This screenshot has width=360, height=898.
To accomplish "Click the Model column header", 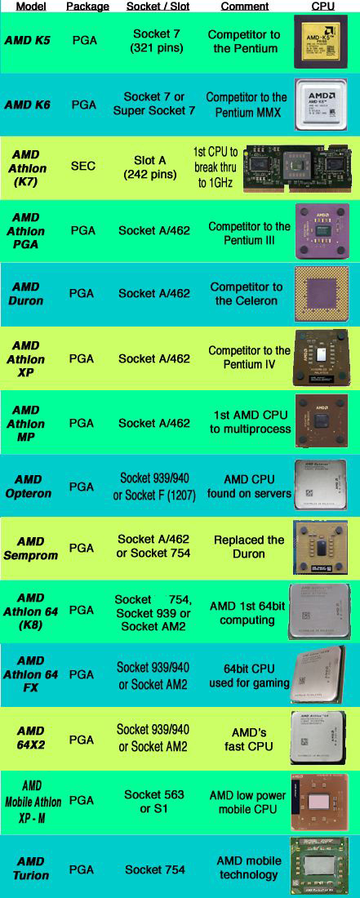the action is (x=31, y=7).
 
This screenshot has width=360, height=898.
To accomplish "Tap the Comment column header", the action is (x=244, y=7).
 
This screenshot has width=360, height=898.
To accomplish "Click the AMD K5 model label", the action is (x=28, y=41).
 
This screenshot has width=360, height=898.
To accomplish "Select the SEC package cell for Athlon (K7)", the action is (x=83, y=166).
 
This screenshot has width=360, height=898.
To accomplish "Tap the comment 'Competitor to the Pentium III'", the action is (x=250, y=233).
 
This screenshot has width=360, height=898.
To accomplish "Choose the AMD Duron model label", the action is (x=26, y=293).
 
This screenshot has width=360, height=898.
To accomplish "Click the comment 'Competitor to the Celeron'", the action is (x=246, y=293).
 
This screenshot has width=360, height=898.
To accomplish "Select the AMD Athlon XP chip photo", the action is (x=320, y=358).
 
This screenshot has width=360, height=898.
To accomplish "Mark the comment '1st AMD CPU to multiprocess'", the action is (x=250, y=421).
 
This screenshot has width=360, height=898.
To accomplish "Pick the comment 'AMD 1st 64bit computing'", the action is (x=247, y=613).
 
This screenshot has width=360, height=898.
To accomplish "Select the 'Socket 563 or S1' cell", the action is (x=154, y=801).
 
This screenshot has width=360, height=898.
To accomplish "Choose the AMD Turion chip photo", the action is (x=319, y=866).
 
